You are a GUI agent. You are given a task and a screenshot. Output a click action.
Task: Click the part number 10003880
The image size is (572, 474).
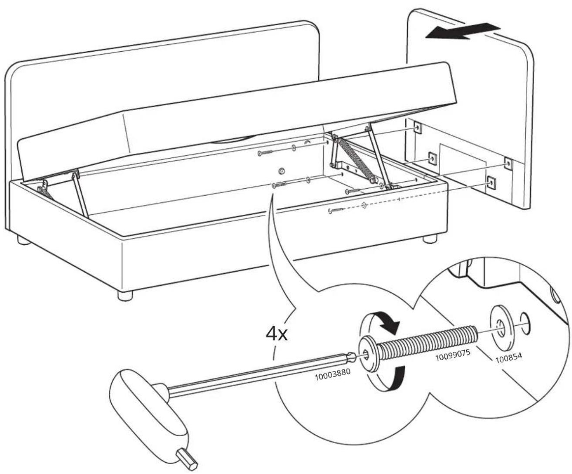coord(332,375)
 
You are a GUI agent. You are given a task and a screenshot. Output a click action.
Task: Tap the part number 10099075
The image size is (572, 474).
coord(453,354)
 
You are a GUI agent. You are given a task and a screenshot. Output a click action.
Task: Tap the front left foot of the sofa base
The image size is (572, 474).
coord(125,295)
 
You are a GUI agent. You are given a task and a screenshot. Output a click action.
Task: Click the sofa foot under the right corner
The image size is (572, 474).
coord(430,239)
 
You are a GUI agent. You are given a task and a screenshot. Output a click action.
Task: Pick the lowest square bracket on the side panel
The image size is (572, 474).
coord(491,182)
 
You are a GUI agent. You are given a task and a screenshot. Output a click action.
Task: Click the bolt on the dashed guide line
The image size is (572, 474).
coord(335,210)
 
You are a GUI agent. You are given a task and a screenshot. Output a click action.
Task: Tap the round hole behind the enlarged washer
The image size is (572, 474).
coord(525,324)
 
